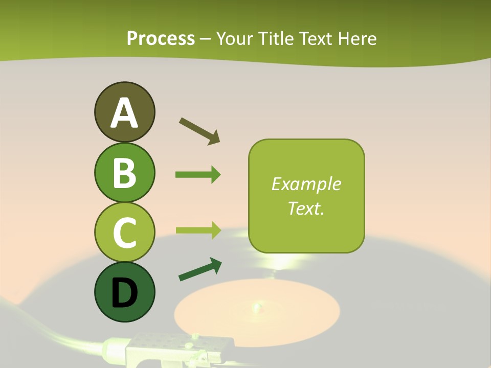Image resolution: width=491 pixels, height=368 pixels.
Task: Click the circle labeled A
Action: pos(124,112)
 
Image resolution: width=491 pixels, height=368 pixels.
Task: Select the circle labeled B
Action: pos(124,172)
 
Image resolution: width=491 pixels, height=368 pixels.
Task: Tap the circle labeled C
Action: pos(124,232)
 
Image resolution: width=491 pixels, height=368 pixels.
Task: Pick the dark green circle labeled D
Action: pos(124,292)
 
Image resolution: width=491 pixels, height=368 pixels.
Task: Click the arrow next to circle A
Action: pos(199,130)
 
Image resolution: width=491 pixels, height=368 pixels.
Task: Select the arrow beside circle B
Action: pos(198,175)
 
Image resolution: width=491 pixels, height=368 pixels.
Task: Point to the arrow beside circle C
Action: pos(198,230)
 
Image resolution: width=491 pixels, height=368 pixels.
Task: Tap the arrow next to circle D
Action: pos(200,269)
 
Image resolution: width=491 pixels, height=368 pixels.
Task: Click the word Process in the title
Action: pos(161,38)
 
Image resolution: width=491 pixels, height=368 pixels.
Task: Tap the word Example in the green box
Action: pos(306,184)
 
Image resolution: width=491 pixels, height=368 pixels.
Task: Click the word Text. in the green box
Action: pos(306,208)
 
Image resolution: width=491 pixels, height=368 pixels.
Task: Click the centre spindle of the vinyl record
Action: pos(255,307)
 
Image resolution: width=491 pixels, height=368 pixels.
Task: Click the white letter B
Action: pos(124,173)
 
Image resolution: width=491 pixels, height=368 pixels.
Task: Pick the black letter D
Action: pos(124,292)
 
